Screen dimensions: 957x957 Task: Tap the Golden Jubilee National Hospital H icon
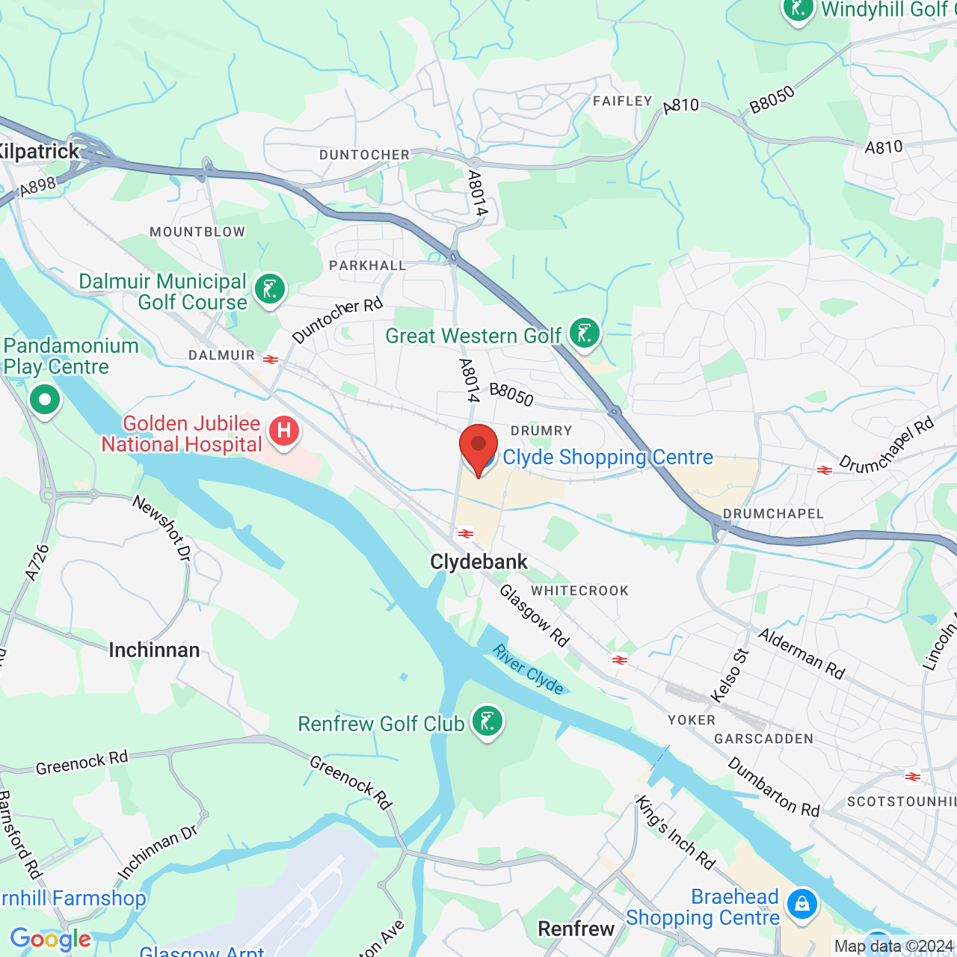pos(284,431)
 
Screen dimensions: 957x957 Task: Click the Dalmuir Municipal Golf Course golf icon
pos(270,289)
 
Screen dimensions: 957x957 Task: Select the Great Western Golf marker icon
pos(585,333)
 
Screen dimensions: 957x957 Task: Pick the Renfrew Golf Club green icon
pos(487,722)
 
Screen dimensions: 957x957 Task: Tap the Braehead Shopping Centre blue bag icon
pos(802,904)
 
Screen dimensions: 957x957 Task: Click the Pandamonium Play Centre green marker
pos(45,400)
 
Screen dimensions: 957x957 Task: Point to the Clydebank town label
pos(478,562)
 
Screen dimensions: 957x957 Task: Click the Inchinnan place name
pos(154,650)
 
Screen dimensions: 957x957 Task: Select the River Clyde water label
pos(528,669)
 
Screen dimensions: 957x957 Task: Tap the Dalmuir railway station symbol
pos(271,360)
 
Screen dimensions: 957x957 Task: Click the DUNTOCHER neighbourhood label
pos(364,155)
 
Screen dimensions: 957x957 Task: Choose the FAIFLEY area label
pos(622,101)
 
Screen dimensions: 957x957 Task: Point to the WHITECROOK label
pos(580,591)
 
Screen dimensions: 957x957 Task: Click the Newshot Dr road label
pos(162,528)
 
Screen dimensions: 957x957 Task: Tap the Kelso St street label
pos(730,676)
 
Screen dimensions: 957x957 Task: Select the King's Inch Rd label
pos(675,832)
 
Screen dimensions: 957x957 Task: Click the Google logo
pos(50,939)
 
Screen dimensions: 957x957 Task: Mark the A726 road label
pos(37,562)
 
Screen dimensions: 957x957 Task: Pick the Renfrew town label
pos(576,929)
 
